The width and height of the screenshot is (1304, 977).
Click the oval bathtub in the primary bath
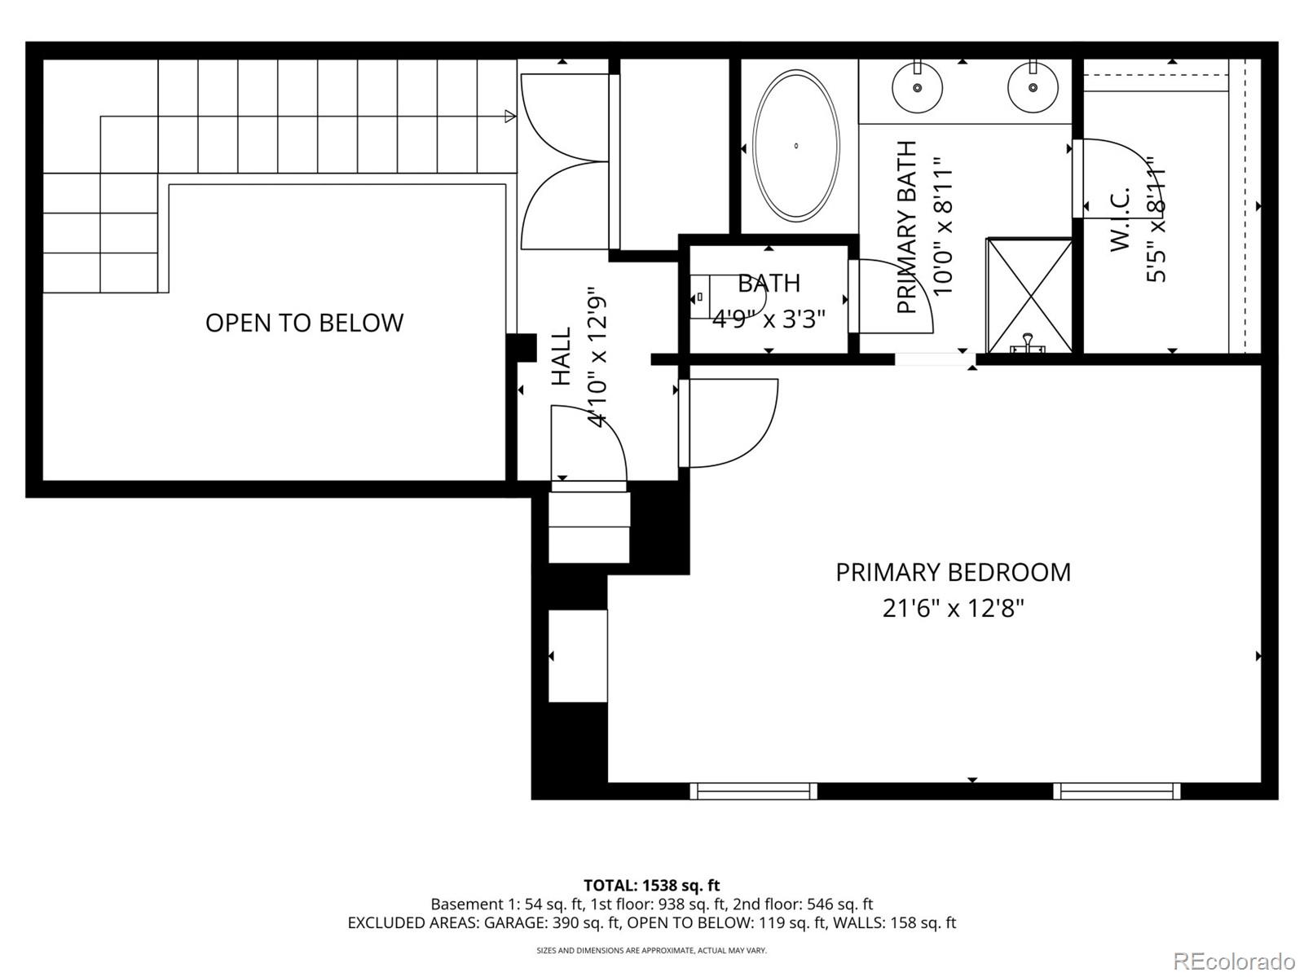click(795, 146)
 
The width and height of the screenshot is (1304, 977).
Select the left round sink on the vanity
click(917, 87)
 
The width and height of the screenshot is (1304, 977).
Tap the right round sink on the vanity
click(1033, 87)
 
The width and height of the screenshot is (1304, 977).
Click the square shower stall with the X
click(1029, 294)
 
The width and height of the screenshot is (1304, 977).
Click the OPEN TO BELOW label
click(304, 323)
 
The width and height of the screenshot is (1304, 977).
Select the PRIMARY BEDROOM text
click(953, 572)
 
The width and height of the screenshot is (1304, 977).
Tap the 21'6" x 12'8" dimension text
click(953, 608)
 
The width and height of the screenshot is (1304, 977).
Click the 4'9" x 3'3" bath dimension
click(769, 319)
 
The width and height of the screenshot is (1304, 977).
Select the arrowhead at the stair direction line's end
click(510, 117)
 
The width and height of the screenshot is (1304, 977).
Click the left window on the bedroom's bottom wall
click(753, 790)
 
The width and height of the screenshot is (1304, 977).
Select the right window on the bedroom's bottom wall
click(1117, 790)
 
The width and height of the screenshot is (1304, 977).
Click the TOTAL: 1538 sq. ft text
click(651, 885)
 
